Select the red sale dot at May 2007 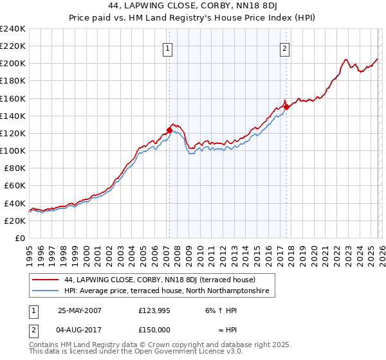(169, 130)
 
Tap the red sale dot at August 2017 (286, 107)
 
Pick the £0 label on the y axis (20, 238)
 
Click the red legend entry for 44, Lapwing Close (160, 280)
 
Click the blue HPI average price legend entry (169, 291)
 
